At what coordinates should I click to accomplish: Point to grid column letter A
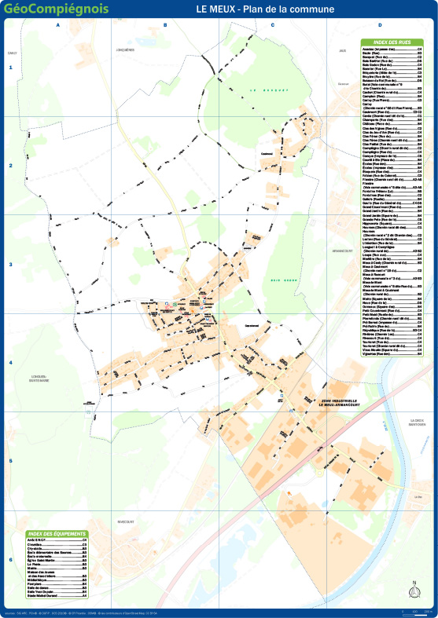(x=58, y=25)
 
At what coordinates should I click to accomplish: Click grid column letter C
(x=272, y=25)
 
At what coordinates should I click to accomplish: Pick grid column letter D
(x=379, y=25)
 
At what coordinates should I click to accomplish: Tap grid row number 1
(x=11, y=68)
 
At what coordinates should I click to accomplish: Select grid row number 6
(x=11, y=560)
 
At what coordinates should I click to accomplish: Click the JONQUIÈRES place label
(x=125, y=49)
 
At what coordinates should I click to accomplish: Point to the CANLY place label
(x=12, y=53)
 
